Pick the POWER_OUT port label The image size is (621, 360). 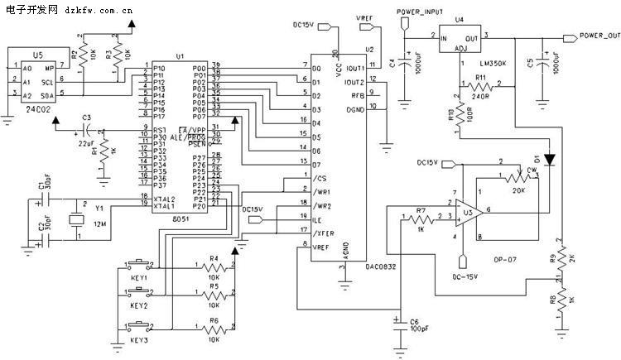599,36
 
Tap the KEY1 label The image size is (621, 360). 139,279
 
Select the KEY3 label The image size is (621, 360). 139,340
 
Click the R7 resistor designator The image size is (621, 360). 421,211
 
